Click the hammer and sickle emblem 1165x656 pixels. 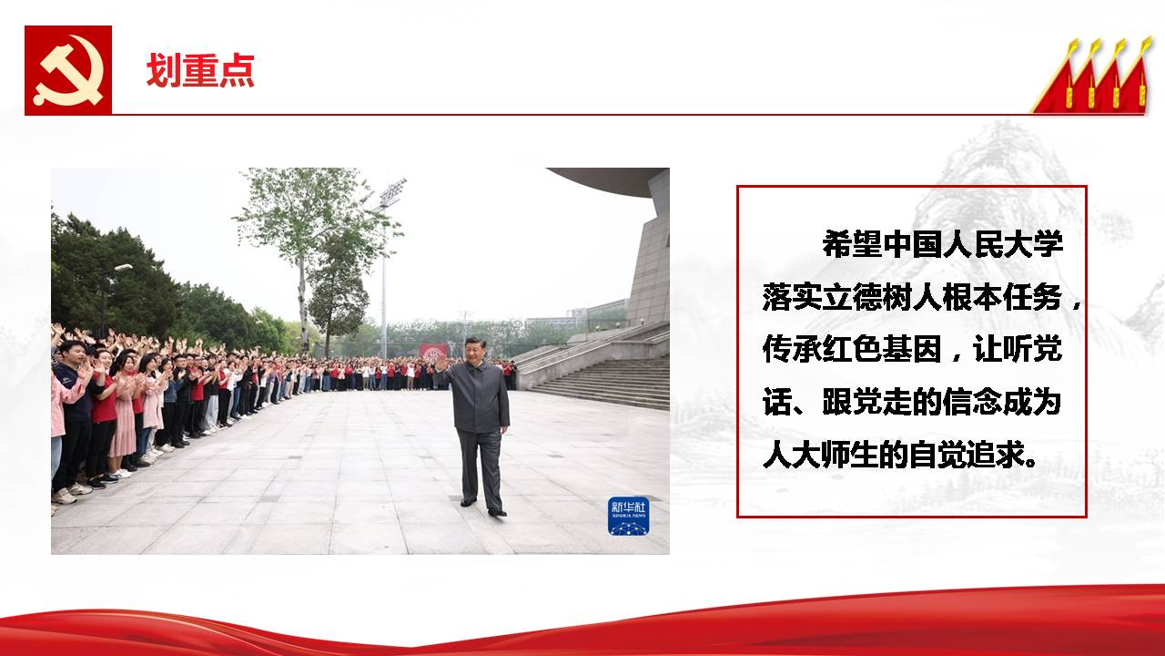(x=68, y=70)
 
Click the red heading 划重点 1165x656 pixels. (x=200, y=70)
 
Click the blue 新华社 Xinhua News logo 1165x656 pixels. (x=629, y=517)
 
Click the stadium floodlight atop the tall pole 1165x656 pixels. (x=393, y=192)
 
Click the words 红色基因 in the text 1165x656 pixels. (x=882, y=349)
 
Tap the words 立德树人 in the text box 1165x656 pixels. (x=882, y=297)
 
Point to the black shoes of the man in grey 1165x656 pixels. (x=483, y=507)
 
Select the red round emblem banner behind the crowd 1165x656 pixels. (x=432, y=352)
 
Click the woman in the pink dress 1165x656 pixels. (x=125, y=416)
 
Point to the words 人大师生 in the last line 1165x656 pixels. (x=822, y=455)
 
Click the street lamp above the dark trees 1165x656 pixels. (x=123, y=268)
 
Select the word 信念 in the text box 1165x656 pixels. (x=972, y=402)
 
